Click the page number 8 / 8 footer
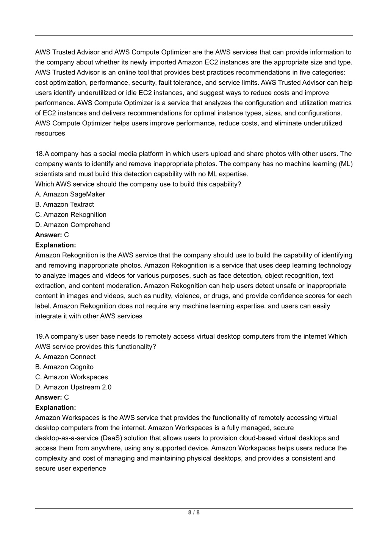coord(194,513)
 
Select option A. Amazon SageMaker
coord(70,194)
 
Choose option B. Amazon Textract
coord(64,204)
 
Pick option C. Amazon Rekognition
coord(71,215)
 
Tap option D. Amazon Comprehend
coord(72,225)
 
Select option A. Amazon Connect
coord(65,357)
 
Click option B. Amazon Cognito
coord(64,367)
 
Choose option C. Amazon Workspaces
coord(71,377)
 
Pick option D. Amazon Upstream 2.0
coord(73,388)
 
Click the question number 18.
coord(39,154)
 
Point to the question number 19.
coord(39,336)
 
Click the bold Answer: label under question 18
coord(48,235)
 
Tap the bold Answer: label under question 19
coord(48,398)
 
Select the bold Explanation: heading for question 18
coord(55,245)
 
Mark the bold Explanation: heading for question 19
coord(55,408)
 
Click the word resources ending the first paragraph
coord(50,133)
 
